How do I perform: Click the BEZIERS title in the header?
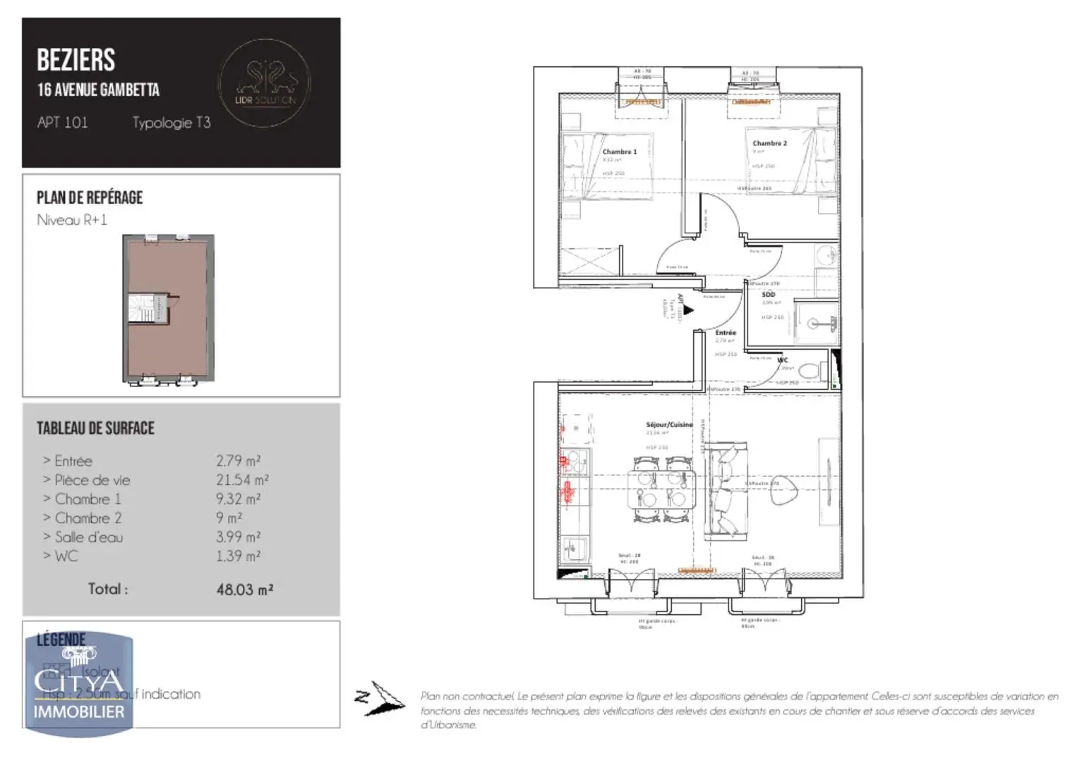pyautogui.click(x=76, y=61)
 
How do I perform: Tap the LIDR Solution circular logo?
pyautogui.click(x=265, y=83)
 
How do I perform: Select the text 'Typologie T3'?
pyautogui.click(x=172, y=123)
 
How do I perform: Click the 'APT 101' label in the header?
pyautogui.click(x=62, y=123)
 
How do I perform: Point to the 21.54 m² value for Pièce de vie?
pyautogui.click(x=241, y=480)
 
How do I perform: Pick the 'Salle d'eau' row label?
pyautogui.click(x=88, y=537)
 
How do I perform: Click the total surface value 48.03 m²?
pyautogui.click(x=244, y=589)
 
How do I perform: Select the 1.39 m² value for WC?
pyautogui.click(x=238, y=556)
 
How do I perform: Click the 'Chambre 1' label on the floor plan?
pyautogui.click(x=619, y=152)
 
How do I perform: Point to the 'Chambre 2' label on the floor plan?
pyautogui.click(x=769, y=143)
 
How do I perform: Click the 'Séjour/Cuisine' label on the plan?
pyautogui.click(x=669, y=424)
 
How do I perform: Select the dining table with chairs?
pyautogui.click(x=661, y=489)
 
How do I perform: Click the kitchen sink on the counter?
pyautogui.click(x=576, y=547)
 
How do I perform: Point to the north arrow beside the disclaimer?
pyautogui.click(x=380, y=698)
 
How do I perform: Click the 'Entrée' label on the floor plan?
pyautogui.click(x=725, y=333)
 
